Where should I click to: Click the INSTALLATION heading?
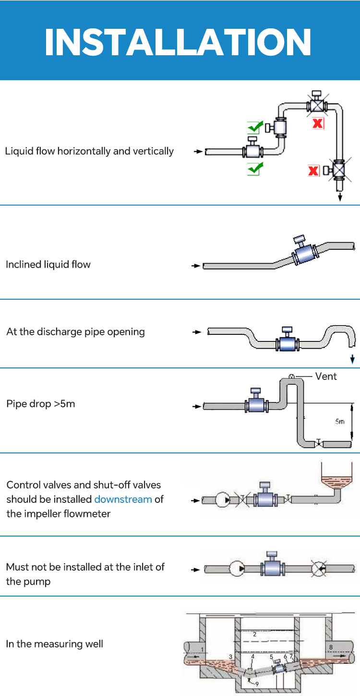point(178,42)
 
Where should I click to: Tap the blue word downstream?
point(123,499)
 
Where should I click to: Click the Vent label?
point(326,376)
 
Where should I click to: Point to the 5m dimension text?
point(339,422)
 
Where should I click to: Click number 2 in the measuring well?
point(254,634)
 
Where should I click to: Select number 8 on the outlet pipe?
point(330,647)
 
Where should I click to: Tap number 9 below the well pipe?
point(257,684)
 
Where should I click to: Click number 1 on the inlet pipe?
point(203,650)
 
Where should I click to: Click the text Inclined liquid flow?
point(48,264)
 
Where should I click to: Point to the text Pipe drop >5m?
point(41,403)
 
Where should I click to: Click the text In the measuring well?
point(54,644)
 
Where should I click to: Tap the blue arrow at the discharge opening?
point(353,359)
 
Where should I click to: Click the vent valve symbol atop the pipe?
point(291,376)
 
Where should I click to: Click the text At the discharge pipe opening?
point(75,331)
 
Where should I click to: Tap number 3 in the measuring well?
point(230,656)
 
